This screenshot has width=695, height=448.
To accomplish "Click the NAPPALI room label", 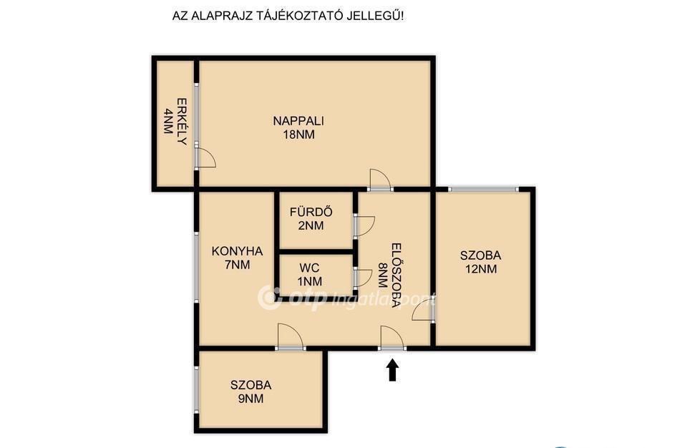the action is click(298, 120).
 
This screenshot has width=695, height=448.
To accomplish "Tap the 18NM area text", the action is click(298, 135).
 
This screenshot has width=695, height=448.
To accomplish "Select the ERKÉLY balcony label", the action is click(182, 122).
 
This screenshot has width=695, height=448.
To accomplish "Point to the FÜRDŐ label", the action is click(311, 212).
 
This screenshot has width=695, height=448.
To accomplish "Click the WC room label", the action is click(309, 268).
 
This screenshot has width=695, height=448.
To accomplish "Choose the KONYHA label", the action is click(237, 251).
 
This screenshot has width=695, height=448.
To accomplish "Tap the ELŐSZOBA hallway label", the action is click(397, 276).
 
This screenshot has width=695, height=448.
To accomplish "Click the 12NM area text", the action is click(481, 269).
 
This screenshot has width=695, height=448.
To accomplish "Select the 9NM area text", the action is click(251, 399).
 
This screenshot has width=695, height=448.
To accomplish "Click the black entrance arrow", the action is click(392, 370).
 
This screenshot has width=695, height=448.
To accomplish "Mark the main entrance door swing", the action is click(392, 338).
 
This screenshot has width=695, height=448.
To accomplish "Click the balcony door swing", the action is click(205, 158).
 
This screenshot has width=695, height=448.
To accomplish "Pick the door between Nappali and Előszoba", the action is click(380, 180).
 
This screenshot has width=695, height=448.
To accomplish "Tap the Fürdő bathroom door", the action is click(365, 226).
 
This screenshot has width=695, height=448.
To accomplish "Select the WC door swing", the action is click(363, 278).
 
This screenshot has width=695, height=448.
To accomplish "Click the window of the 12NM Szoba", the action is click(482, 189).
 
